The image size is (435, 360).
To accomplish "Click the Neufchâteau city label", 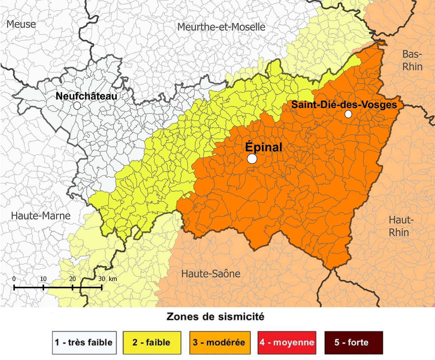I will pyautogui.click(x=86, y=96).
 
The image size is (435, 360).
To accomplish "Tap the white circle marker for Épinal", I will pyautogui.click(x=252, y=159).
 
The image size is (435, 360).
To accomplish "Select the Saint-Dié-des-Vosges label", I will pyautogui.click(x=344, y=105).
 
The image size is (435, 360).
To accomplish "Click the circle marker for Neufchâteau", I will pyautogui.click(x=77, y=106).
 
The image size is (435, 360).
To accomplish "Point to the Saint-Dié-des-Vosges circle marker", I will pyautogui.click(x=348, y=114).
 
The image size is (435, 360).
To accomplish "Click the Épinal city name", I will pyautogui.click(x=264, y=147).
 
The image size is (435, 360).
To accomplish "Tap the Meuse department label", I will pyautogui.click(x=21, y=24).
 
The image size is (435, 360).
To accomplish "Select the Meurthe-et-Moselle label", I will pyautogui.click(x=221, y=27).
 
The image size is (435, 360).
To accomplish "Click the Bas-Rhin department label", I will pyautogui.click(x=412, y=60).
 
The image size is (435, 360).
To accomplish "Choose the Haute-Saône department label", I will pyautogui.click(x=211, y=274).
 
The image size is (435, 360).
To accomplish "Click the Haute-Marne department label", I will pyautogui.click(x=41, y=216).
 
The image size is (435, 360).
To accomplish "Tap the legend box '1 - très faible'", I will pyautogui.click(x=84, y=342).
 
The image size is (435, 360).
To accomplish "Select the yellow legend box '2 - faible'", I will pyautogui.click(x=152, y=342).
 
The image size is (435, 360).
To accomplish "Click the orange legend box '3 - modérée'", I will pyautogui.click(x=220, y=342).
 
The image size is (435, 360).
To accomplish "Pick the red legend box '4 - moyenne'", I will pyautogui.click(x=287, y=342).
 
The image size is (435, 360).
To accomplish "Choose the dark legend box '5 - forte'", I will pyautogui.click(x=353, y=342).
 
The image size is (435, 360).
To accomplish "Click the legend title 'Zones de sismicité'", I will pyautogui.click(x=215, y=317).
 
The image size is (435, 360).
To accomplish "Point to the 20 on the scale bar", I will pyautogui.click(x=72, y=279).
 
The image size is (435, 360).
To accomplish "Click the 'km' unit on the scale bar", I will pyautogui.click(x=113, y=279).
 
